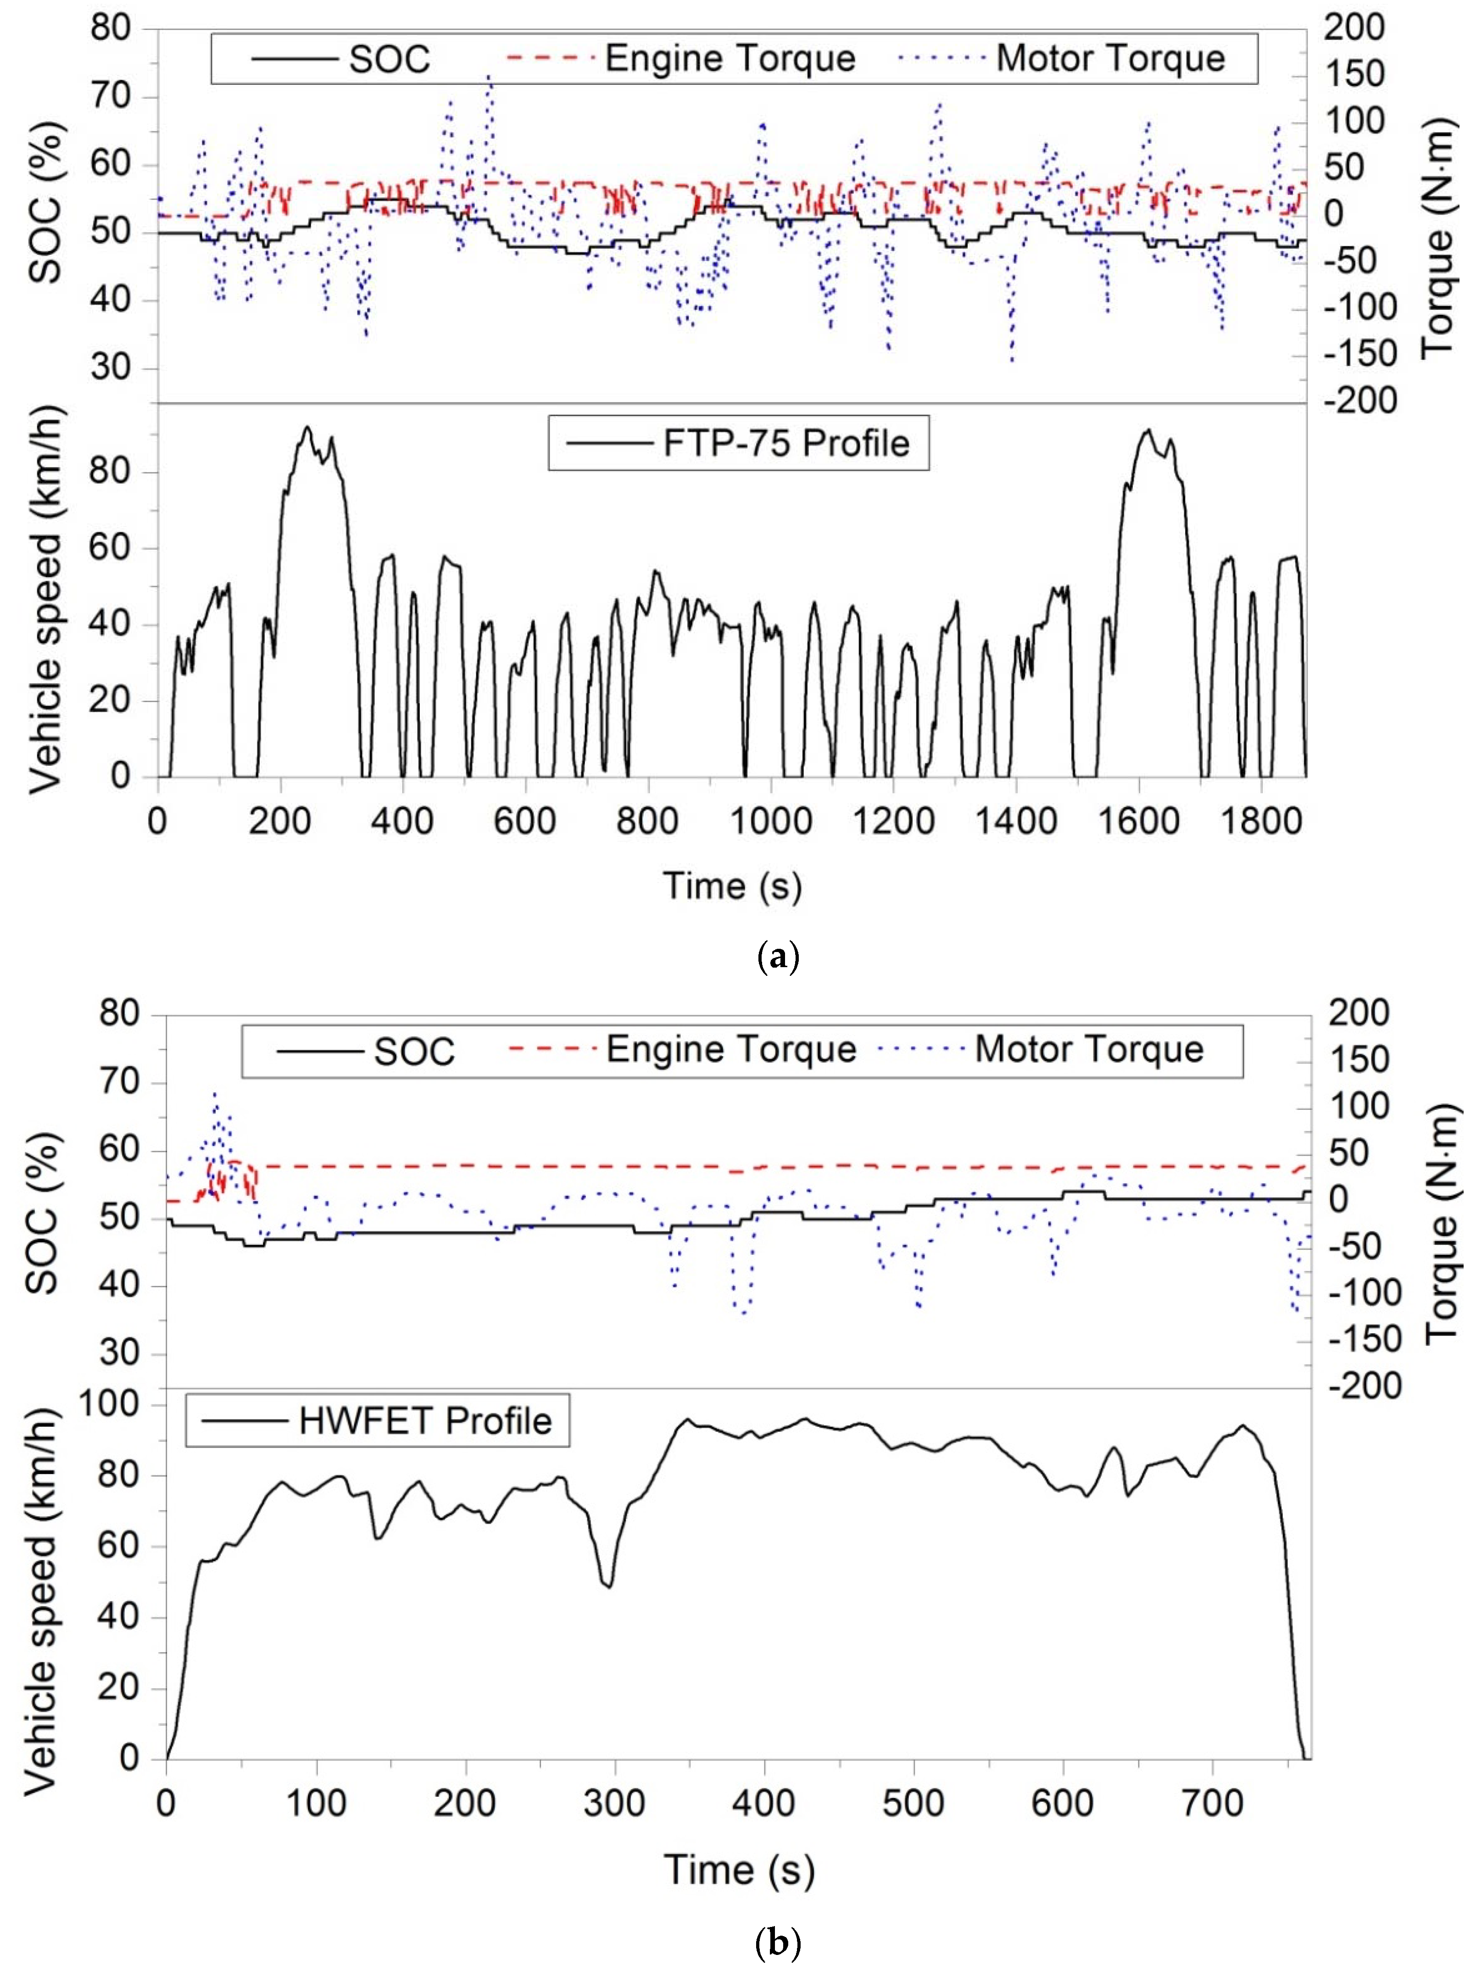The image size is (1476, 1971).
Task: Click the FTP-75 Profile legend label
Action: tap(785, 443)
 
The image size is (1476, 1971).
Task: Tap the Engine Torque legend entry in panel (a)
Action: tap(729, 59)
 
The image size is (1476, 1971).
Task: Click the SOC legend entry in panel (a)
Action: tap(389, 60)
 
